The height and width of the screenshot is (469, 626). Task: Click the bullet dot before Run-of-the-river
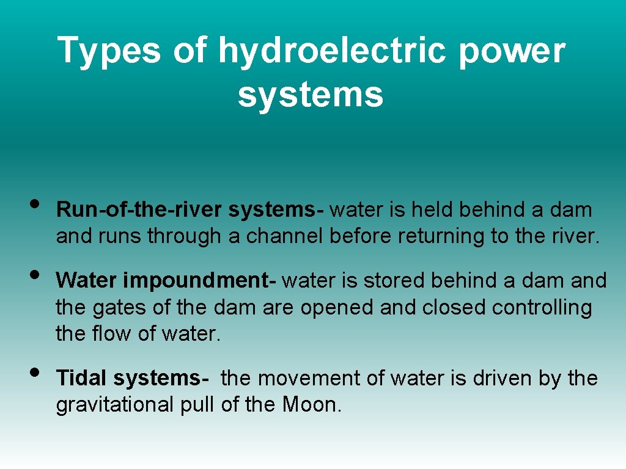pos(35,203)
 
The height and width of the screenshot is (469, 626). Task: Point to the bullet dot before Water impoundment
pos(35,274)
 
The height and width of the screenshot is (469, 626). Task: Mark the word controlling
pos(542,307)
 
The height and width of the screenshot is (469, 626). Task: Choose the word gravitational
pos(114,404)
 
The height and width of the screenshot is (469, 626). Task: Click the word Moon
pos(311,404)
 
